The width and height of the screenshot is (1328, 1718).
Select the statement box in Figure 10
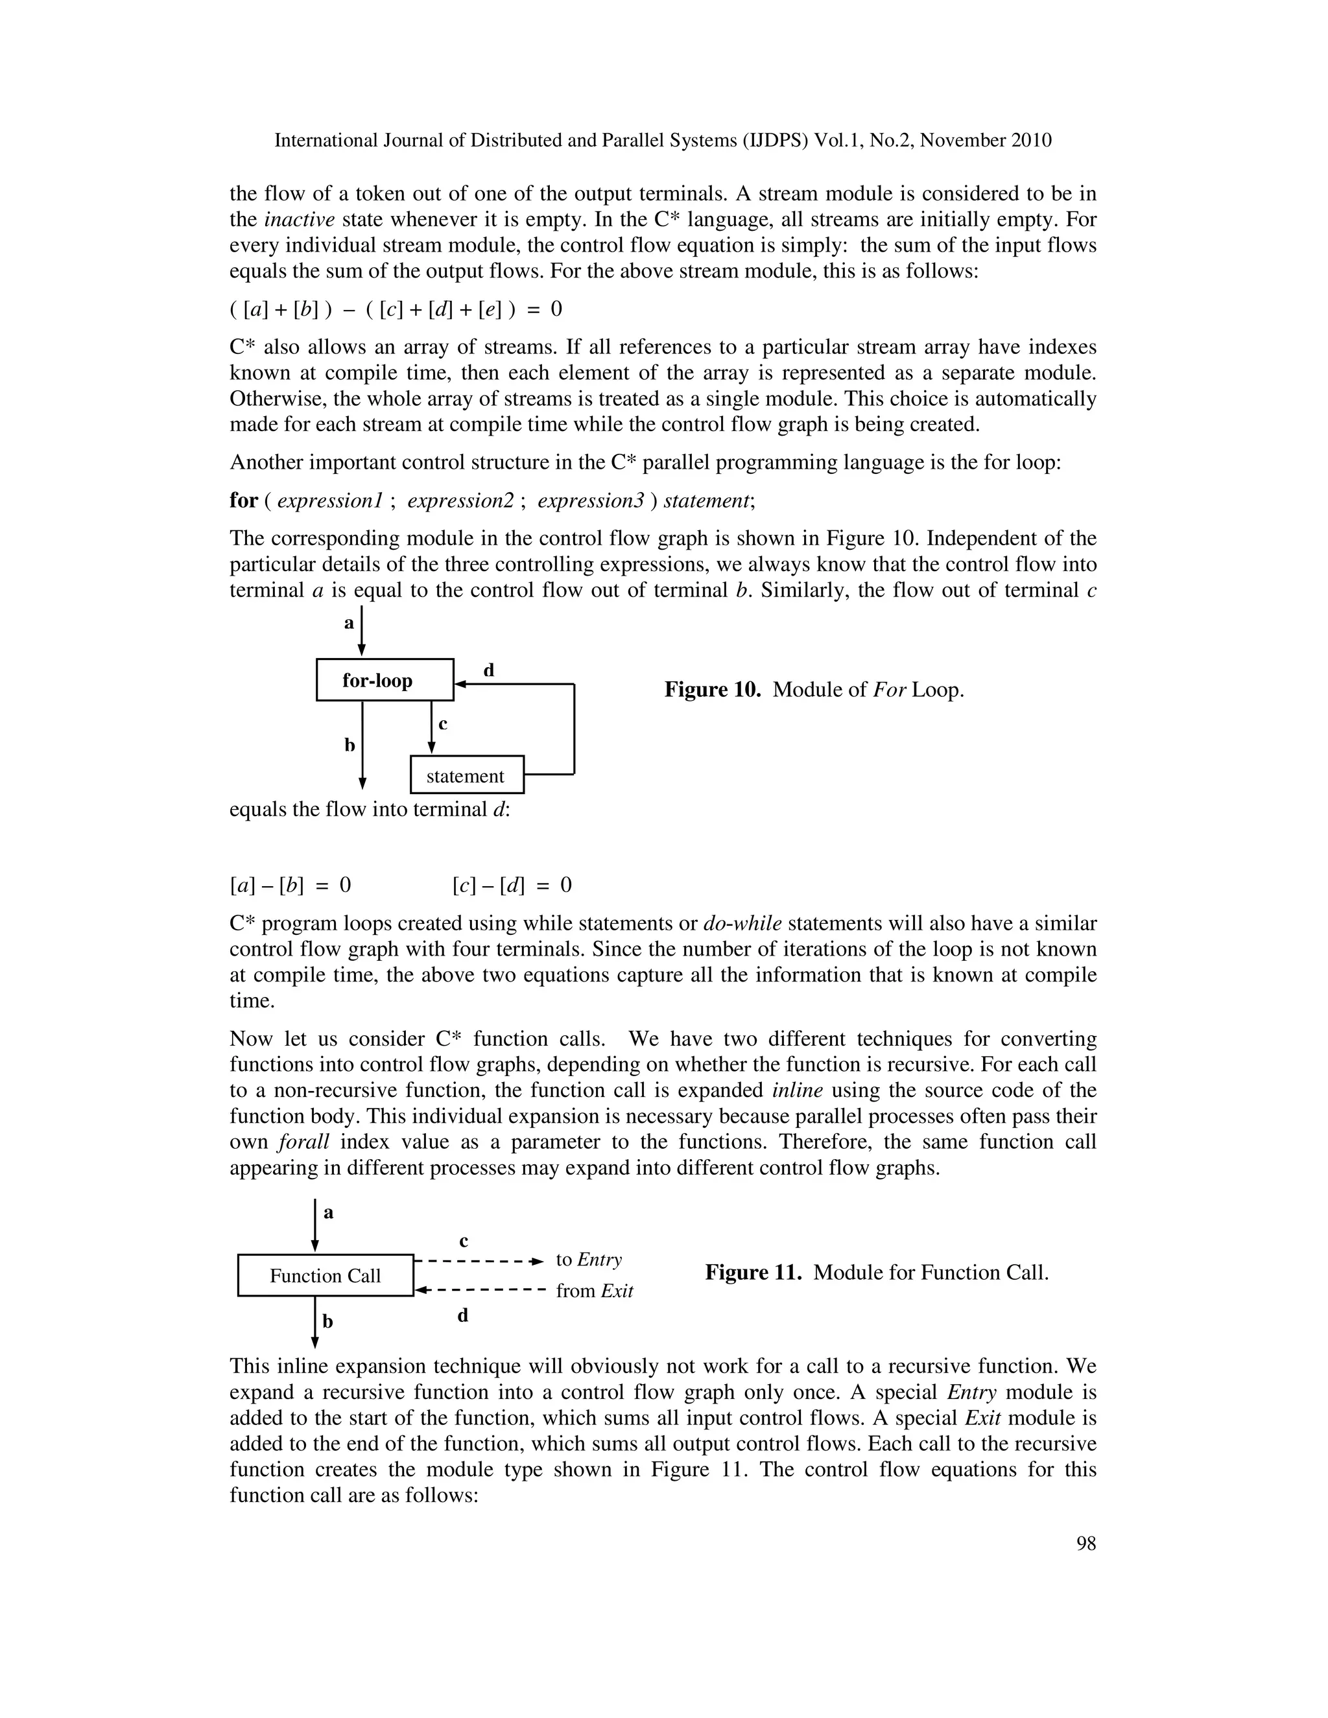(466, 775)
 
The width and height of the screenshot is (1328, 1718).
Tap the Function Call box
(325, 1275)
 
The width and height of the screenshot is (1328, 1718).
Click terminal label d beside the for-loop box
(488, 670)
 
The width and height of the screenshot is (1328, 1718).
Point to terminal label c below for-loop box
(442, 724)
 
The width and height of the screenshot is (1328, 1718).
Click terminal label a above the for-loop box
(350, 624)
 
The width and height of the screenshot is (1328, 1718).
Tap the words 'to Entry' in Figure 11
(589, 1260)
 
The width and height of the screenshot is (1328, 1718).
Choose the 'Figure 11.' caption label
(753, 1273)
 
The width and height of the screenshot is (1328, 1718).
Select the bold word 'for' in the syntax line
(244, 500)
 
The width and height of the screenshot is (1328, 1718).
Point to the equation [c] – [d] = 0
(512, 886)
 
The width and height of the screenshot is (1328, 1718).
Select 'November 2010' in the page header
(985, 141)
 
